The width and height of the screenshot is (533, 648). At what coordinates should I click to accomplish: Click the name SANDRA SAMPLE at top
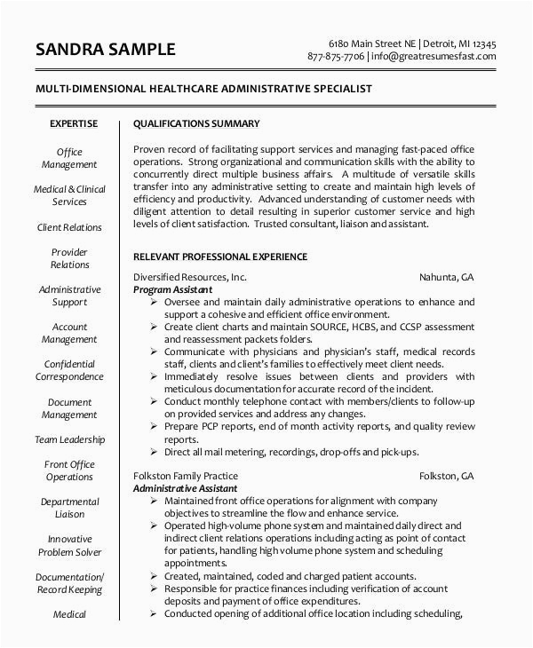(x=106, y=49)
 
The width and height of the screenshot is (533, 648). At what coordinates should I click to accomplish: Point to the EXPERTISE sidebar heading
(x=74, y=123)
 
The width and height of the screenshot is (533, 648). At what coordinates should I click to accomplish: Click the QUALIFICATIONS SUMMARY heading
(x=196, y=123)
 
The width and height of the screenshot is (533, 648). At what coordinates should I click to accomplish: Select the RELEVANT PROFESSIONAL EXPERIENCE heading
(x=219, y=257)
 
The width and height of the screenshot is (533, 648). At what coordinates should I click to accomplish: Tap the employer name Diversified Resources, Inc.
(x=189, y=276)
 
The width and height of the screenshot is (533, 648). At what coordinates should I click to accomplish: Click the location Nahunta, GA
(x=446, y=276)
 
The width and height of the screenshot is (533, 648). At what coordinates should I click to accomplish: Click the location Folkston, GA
(x=446, y=476)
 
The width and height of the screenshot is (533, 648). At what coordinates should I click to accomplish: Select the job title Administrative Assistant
(x=185, y=489)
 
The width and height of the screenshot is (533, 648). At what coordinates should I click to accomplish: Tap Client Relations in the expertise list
(x=69, y=227)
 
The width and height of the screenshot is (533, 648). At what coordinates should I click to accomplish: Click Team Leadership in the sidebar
(x=69, y=439)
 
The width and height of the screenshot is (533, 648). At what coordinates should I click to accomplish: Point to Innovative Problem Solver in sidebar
(x=69, y=545)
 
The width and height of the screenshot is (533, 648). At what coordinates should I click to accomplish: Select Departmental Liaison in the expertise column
(x=69, y=508)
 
